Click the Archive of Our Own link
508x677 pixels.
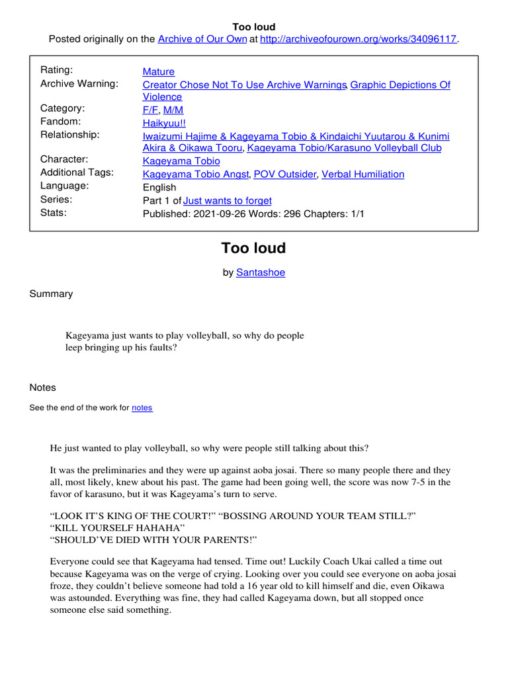(x=197, y=39)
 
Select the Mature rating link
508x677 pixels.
(x=159, y=71)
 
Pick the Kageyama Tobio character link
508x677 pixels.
(x=181, y=161)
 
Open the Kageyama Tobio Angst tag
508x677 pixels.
(x=196, y=175)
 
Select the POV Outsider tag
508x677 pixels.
(x=286, y=175)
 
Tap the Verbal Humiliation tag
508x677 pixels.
(x=362, y=175)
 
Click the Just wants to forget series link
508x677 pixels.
(x=227, y=200)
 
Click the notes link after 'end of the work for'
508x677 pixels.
(x=142, y=408)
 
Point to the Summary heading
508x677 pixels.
(x=51, y=294)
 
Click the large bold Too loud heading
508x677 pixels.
(x=253, y=249)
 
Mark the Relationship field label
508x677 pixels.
(x=70, y=135)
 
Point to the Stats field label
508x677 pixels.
(x=54, y=213)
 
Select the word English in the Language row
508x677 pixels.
(x=159, y=187)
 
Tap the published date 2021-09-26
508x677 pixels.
(x=222, y=214)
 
